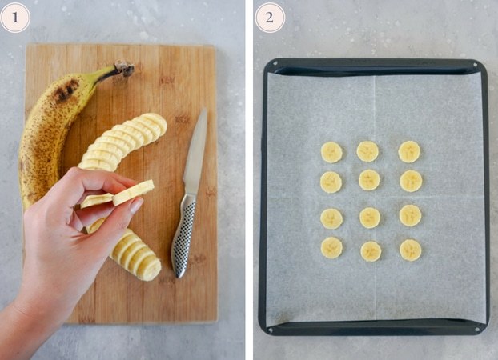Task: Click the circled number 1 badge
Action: click(15, 18)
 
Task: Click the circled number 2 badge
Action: click(270, 18)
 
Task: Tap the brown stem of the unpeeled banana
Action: click(125, 68)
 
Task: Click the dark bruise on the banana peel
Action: click(66, 90)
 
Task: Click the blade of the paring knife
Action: click(195, 152)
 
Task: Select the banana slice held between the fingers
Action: click(134, 192)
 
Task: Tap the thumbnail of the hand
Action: click(137, 205)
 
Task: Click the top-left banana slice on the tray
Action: click(331, 152)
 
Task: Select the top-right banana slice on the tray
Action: click(409, 152)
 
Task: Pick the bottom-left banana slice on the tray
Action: click(331, 248)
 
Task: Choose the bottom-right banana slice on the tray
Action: click(411, 250)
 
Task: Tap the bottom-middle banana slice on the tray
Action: click(371, 251)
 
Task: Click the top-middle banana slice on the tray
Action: click(367, 151)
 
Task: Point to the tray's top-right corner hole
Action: click(476, 65)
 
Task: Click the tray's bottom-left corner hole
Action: click(271, 330)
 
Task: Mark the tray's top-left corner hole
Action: click(275, 63)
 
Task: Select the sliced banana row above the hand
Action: click(122, 142)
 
